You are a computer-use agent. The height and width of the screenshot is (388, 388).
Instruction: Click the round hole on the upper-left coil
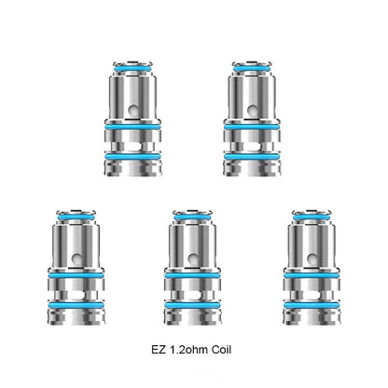point(133,109)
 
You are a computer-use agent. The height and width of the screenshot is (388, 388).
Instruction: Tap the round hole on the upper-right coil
point(253,109)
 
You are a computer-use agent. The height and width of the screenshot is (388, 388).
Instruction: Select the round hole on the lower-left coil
point(76,258)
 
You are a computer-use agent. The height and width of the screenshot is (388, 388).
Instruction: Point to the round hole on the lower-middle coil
point(193,258)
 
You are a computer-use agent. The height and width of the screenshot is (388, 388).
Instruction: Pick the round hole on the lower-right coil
point(312,258)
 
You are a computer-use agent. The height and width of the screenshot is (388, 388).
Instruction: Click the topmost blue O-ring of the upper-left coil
point(132,68)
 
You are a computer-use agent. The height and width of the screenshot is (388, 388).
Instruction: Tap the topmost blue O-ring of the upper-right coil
point(252,68)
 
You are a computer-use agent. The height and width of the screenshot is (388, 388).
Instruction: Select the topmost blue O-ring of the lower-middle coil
point(192,216)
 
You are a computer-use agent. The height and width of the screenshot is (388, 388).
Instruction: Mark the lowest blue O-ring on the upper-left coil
point(132,157)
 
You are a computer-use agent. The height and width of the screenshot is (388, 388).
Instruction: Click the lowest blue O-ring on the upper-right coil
point(252,157)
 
